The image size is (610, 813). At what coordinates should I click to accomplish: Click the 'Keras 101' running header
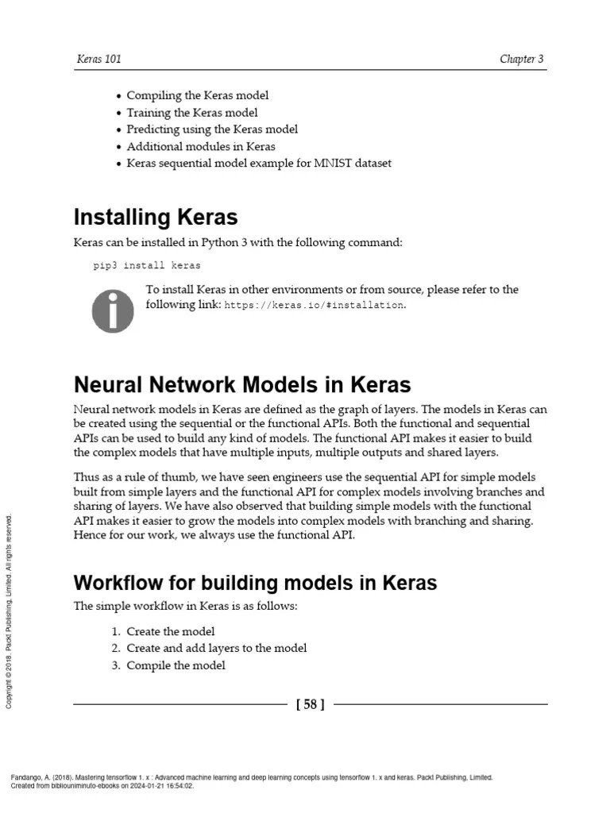click(98, 60)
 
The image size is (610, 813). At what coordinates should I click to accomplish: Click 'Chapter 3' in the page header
click(521, 60)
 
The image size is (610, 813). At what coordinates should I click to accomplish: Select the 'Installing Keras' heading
click(156, 217)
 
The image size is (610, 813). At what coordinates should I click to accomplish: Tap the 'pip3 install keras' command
click(147, 266)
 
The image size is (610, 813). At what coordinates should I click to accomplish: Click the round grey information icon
click(113, 310)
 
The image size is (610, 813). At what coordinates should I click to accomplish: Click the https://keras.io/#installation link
click(315, 305)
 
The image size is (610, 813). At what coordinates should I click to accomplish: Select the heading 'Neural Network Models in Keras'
click(242, 385)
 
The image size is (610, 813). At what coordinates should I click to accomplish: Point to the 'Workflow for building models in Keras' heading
click(255, 583)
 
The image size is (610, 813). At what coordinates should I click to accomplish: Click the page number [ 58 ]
click(310, 704)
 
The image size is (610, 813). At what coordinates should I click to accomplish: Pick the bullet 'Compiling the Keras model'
click(197, 95)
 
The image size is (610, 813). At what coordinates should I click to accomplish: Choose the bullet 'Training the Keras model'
click(191, 113)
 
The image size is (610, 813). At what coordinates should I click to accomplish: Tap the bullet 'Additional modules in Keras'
click(201, 146)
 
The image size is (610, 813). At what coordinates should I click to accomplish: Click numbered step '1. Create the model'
click(170, 631)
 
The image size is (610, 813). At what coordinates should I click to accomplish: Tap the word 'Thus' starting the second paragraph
click(87, 477)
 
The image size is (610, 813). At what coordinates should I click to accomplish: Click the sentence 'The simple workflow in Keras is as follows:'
click(185, 607)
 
